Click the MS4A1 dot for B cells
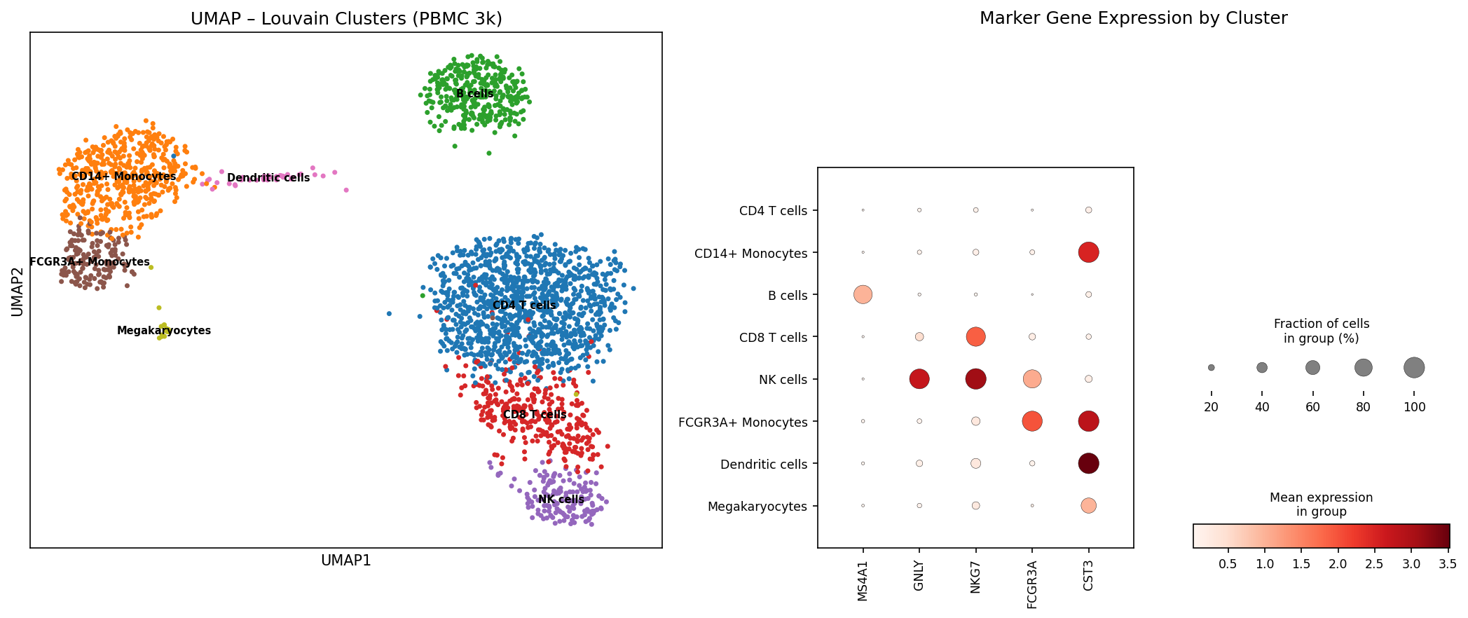pos(863,295)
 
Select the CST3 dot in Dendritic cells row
pos(1088,463)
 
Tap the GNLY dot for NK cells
pos(919,379)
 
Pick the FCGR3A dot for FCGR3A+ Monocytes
pos(1032,421)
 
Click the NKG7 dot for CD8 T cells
pos(975,337)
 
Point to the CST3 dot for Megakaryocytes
pos(1088,505)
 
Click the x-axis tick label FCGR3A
pos(1032,584)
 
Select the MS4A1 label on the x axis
pos(863,580)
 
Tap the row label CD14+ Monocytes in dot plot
pos(750,254)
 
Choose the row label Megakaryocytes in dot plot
pos(757,507)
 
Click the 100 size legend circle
pos(1414,367)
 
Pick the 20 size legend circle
pos(1211,367)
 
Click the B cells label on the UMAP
pos(475,94)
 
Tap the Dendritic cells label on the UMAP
pos(268,178)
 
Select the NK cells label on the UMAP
pos(561,500)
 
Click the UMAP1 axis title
pos(345,561)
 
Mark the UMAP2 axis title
pos(18,291)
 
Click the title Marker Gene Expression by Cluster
pos(1133,18)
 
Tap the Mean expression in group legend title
pos(1321,504)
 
